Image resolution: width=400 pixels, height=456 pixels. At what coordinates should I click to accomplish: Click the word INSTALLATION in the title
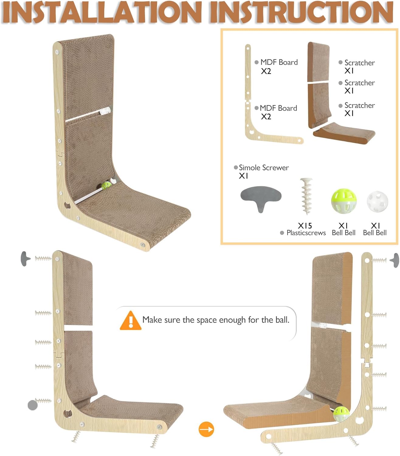(x=102, y=12)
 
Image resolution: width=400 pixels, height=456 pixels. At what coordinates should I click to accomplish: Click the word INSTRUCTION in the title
(x=302, y=12)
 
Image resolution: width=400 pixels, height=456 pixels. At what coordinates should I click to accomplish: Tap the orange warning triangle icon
(x=131, y=320)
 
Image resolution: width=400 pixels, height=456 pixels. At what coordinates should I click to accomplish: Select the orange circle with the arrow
(x=206, y=429)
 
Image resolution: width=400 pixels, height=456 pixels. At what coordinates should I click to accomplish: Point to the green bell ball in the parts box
(x=343, y=201)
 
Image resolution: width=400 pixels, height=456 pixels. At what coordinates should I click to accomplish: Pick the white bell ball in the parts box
(x=377, y=202)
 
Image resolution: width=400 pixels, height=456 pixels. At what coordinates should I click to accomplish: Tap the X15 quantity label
(x=305, y=226)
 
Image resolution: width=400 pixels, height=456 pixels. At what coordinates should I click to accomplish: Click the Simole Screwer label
(x=264, y=168)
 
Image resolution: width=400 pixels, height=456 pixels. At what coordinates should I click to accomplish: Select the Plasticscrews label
(x=306, y=233)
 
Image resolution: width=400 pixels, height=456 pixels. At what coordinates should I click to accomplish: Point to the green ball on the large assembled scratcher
(x=106, y=185)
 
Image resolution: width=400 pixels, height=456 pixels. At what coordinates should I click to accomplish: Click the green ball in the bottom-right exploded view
(x=341, y=414)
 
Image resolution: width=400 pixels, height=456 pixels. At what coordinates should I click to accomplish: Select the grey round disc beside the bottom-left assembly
(x=33, y=405)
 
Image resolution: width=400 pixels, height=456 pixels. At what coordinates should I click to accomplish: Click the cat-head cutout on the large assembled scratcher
(x=67, y=206)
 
